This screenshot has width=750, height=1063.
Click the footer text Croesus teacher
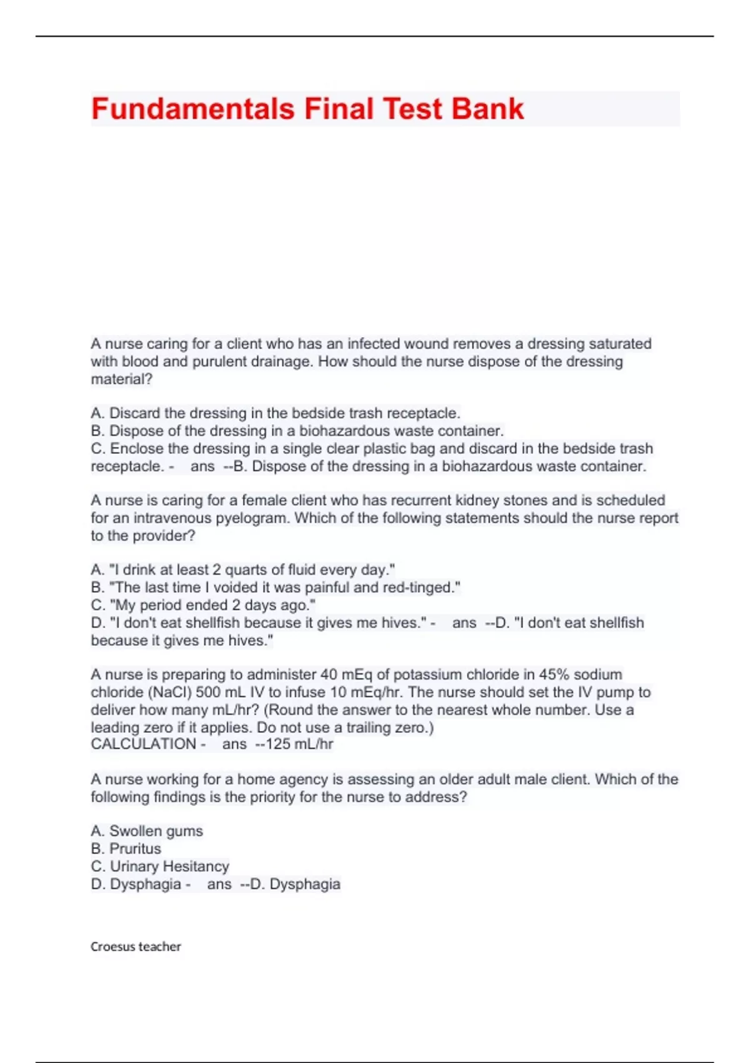tap(136, 947)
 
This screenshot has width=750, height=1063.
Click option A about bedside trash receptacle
tap(275, 413)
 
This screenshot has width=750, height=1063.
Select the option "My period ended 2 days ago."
tap(203, 605)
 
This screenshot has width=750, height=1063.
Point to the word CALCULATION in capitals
tap(143, 744)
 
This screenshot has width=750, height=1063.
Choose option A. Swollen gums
tap(147, 831)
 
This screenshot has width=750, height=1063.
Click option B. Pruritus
tap(126, 849)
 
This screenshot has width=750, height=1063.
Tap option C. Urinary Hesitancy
tap(160, 867)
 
